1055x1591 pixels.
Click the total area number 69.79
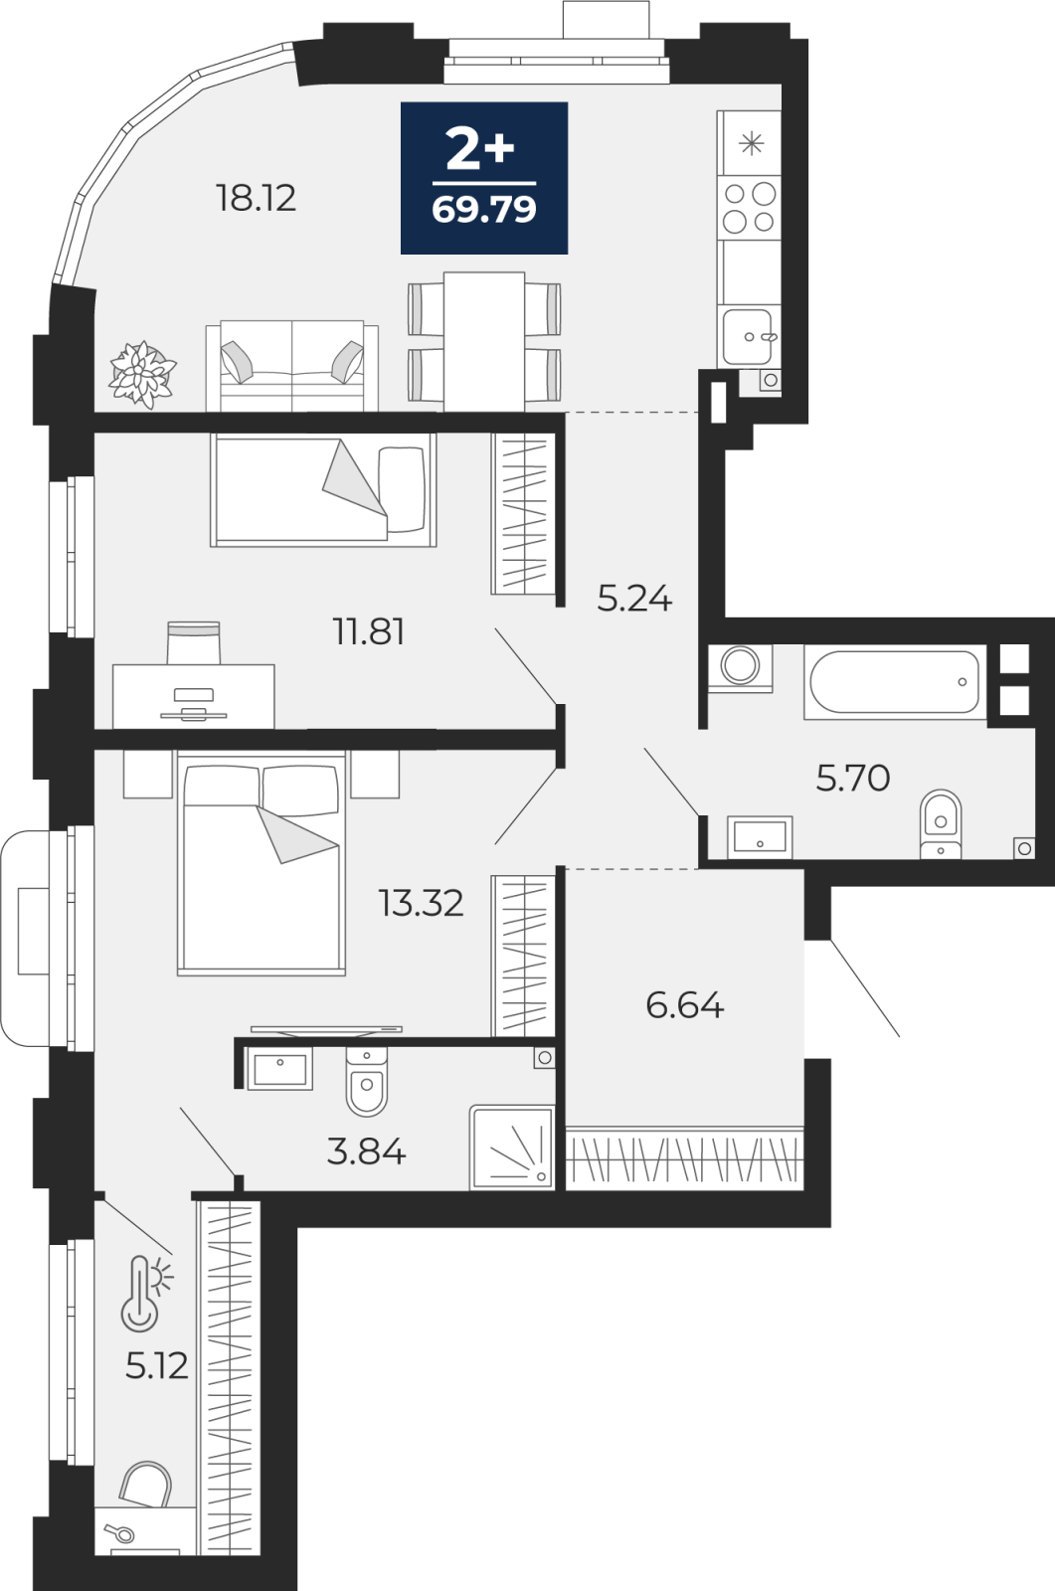coord(484,210)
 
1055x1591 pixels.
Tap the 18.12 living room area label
coord(256,198)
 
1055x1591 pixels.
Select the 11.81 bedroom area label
coord(369,631)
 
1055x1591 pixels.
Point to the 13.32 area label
coord(422,903)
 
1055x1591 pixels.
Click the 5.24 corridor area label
coord(634,599)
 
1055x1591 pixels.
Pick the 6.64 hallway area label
coord(685,1005)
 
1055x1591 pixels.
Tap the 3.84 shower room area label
coord(366,1151)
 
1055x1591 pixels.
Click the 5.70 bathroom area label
coord(852,778)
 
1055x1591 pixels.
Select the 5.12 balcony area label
coord(156,1365)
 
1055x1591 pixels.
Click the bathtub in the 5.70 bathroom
coord(895,682)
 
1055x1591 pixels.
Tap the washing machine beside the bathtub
coord(740,667)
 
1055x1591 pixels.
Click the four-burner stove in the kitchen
coord(749,208)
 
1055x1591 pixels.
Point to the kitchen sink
coord(748,337)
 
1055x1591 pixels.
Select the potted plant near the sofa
coord(142,374)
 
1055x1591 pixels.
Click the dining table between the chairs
coord(484,342)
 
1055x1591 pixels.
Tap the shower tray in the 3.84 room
coord(511,1148)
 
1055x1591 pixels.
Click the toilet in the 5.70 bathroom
coord(941,824)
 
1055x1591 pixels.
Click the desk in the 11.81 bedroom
coord(193,696)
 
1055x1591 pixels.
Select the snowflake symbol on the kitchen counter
coord(751,144)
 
